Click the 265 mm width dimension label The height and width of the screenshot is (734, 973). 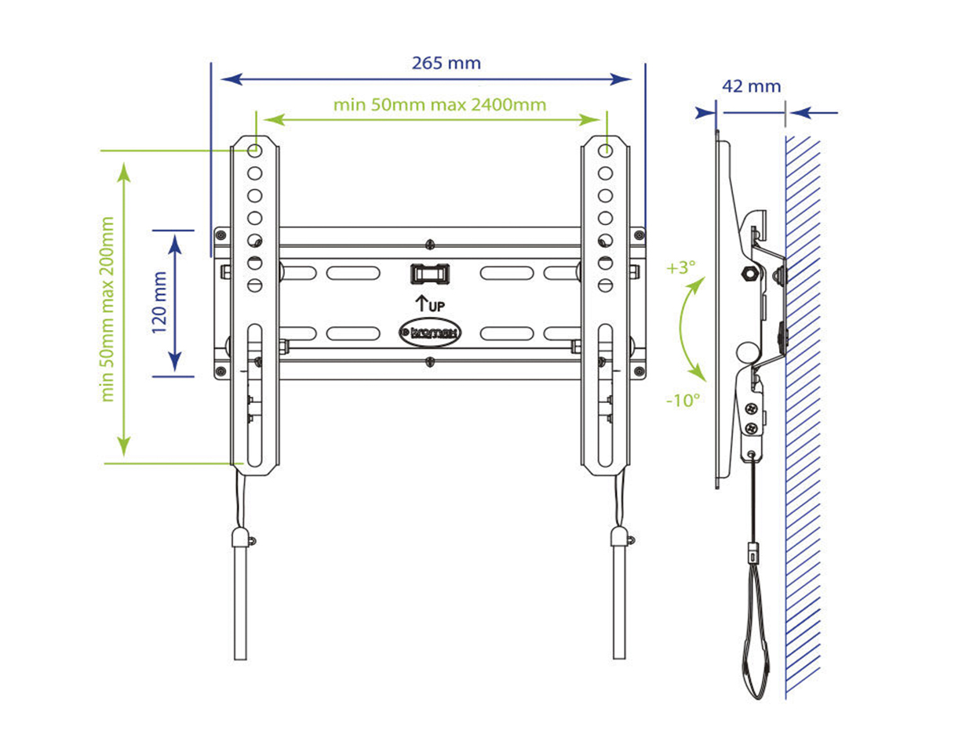pyautogui.click(x=446, y=63)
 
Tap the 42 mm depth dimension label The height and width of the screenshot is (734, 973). pyautogui.click(x=751, y=86)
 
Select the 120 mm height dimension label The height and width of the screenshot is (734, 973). pyautogui.click(x=159, y=303)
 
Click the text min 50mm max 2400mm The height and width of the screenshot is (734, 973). pyautogui.click(x=439, y=104)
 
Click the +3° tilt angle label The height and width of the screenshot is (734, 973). pyautogui.click(x=681, y=267)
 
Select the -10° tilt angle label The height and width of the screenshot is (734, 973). pyautogui.click(x=682, y=400)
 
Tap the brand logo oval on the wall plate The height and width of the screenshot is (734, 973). pyautogui.click(x=430, y=332)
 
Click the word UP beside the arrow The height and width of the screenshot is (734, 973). pyautogui.click(x=437, y=305)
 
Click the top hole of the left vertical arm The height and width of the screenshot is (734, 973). pyautogui.click(x=254, y=150)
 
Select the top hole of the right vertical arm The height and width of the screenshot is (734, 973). pyautogui.click(x=605, y=150)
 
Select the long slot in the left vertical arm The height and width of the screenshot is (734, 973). pyautogui.click(x=254, y=392)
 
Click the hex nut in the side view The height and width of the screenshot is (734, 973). pyautogui.click(x=748, y=274)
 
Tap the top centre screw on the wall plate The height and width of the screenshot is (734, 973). pyautogui.click(x=429, y=244)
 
